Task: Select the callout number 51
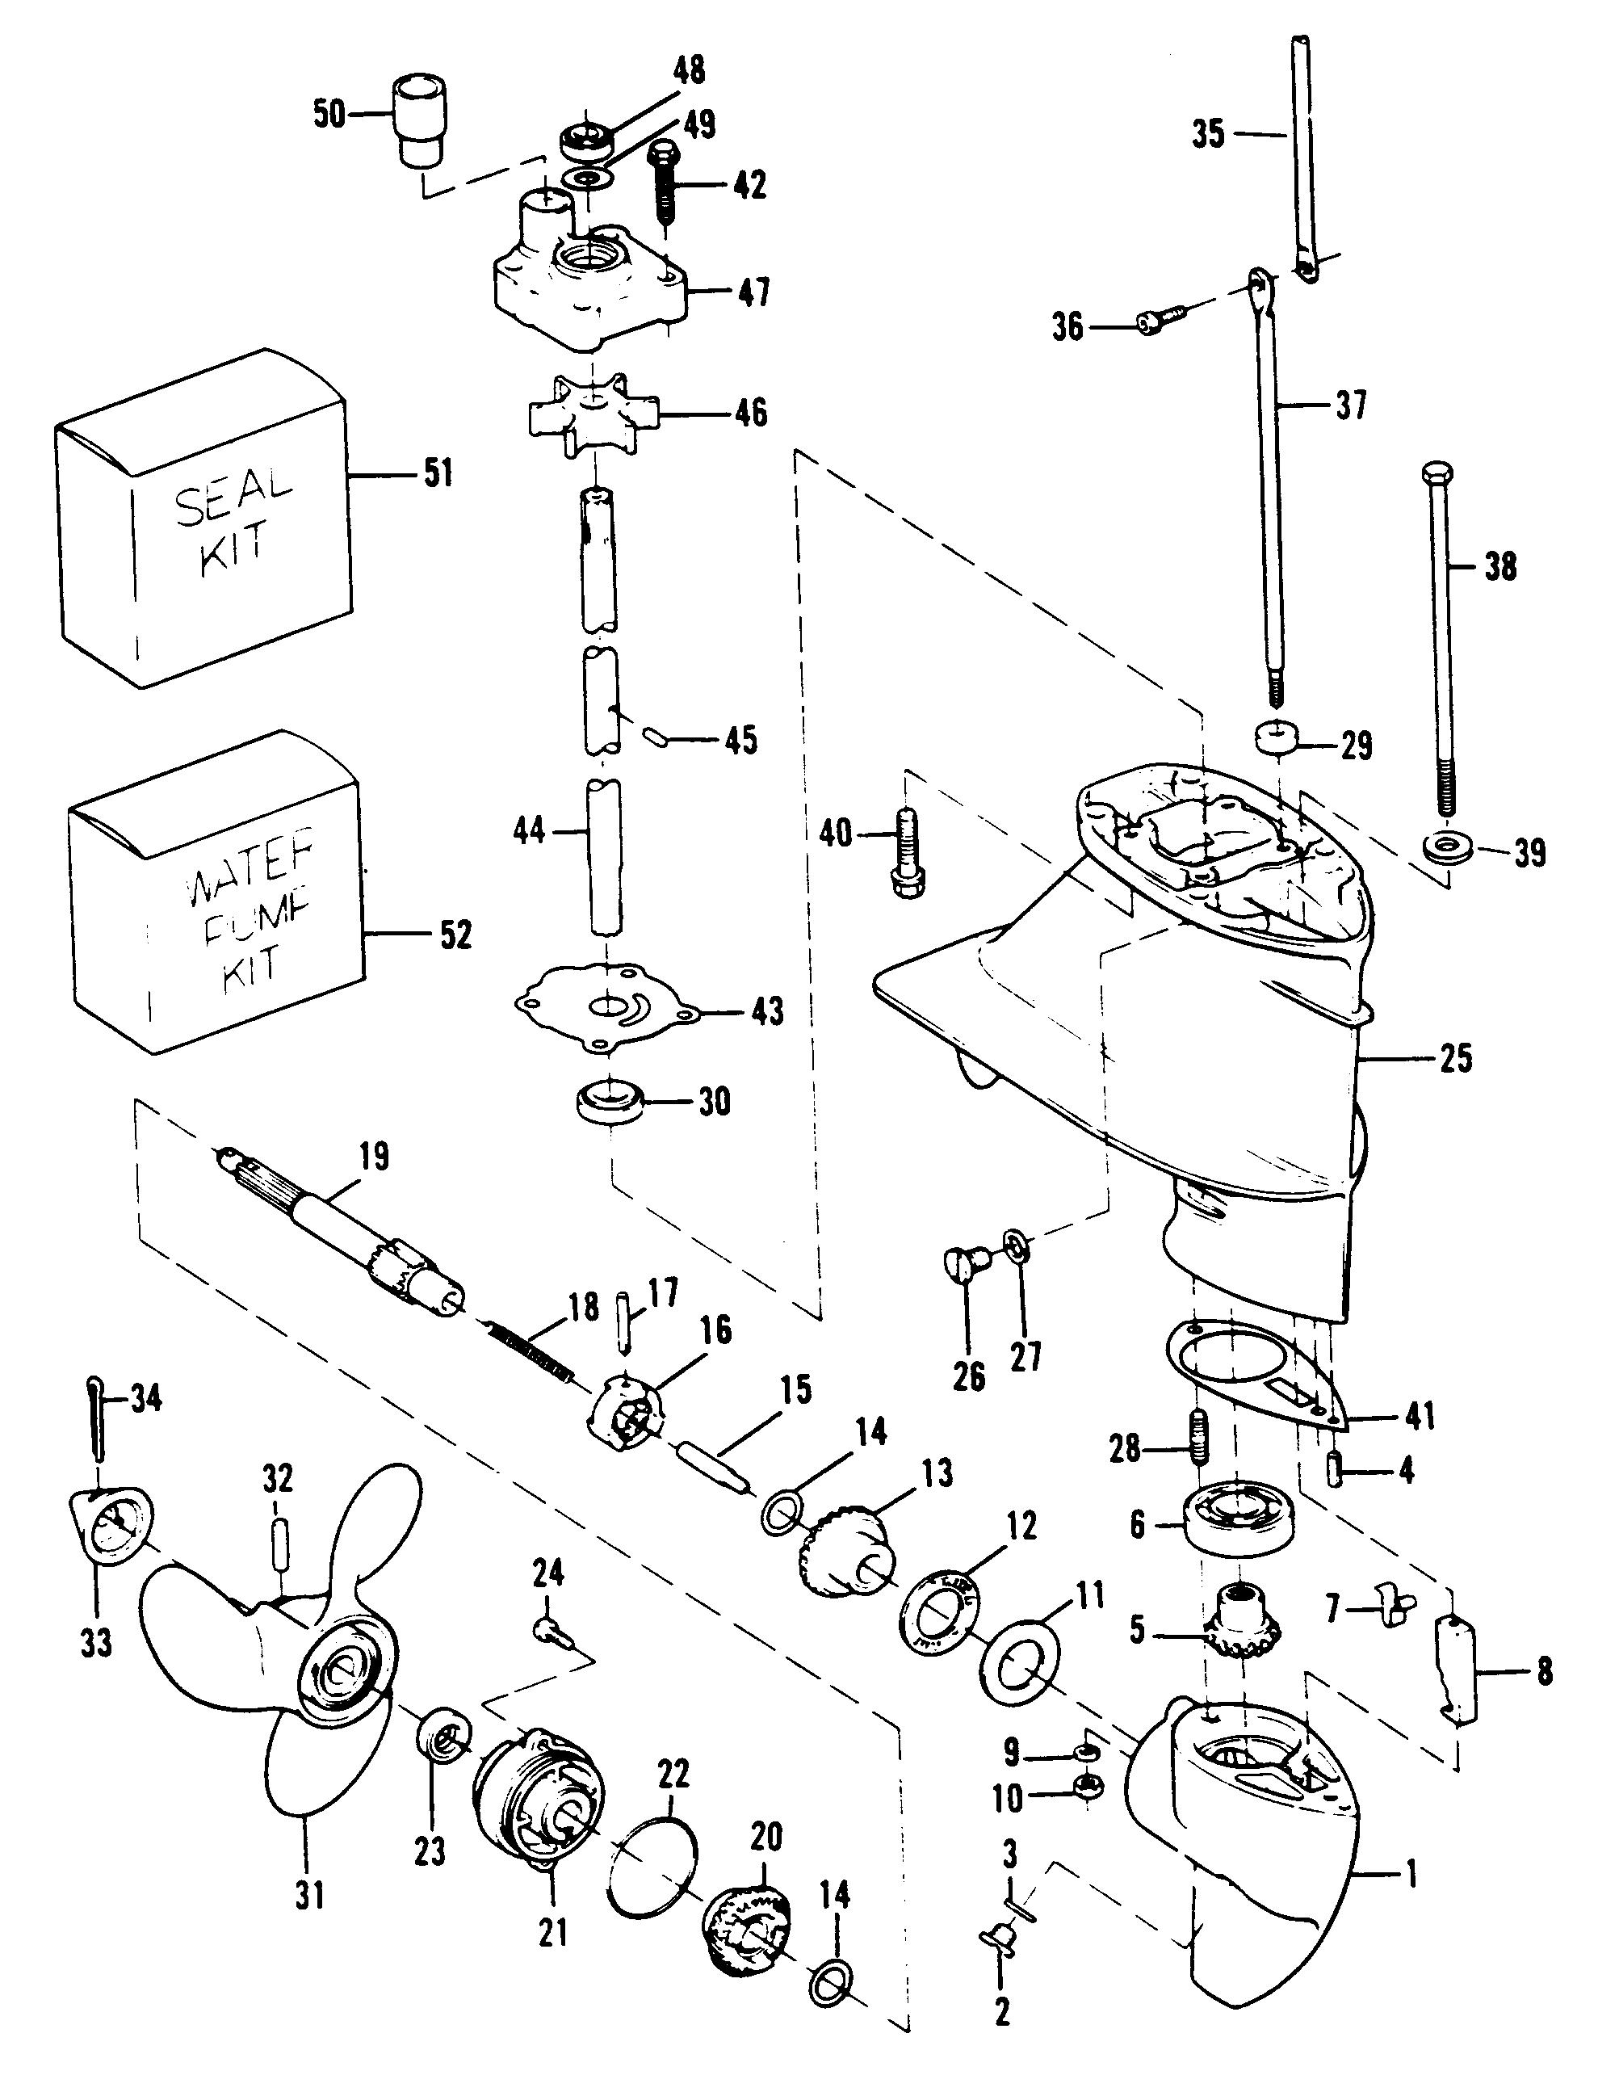click(x=438, y=473)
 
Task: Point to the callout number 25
click(x=1455, y=1058)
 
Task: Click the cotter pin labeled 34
click(x=97, y=1417)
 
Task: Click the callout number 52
click(x=455, y=935)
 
